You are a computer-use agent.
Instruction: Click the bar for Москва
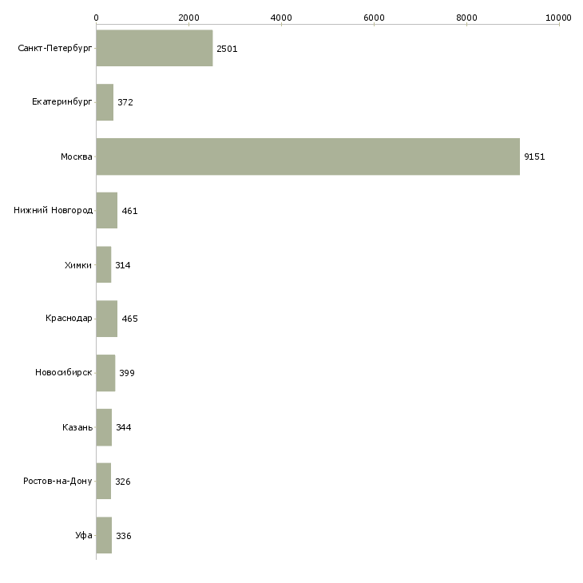[x=307, y=157]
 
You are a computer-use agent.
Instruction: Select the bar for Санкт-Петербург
[x=154, y=49]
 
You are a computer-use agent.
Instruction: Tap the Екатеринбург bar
[x=105, y=102]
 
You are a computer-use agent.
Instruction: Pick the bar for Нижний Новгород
[x=106, y=211]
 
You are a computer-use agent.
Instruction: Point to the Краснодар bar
[x=106, y=319]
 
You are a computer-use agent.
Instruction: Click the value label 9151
[x=534, y=157]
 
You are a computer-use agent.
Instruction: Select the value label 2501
[x=227, y=49]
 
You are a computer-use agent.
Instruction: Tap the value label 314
[x=122, y=265]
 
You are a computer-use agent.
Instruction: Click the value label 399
[x=126, y=373]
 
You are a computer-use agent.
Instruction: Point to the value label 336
[x=123, y=536]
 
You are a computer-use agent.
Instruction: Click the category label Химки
[x=77, y=265]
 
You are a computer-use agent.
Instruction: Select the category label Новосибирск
[x=63, y=373]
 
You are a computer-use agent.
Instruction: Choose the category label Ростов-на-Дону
[x=58, y=482]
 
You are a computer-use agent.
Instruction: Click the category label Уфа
[x=84, y=536]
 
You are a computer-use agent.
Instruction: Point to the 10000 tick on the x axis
[x=559, y=17]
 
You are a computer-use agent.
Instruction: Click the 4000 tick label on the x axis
[x=281, y=17]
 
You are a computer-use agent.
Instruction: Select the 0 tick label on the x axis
[x=96, y=17]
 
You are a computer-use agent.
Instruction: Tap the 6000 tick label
[x=374, y=17]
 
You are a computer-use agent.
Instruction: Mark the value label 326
[x=122, y=482]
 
